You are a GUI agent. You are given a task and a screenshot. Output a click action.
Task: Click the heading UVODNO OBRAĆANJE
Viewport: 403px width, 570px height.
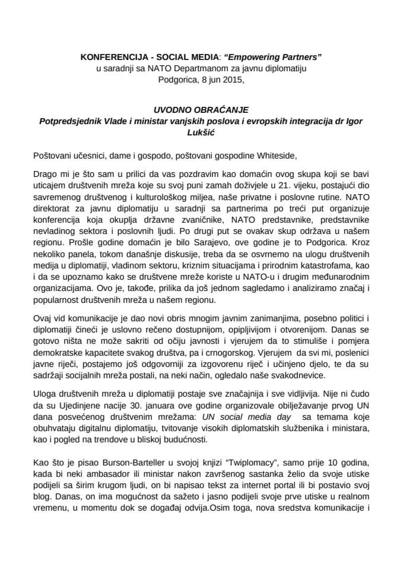(201, 110)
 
